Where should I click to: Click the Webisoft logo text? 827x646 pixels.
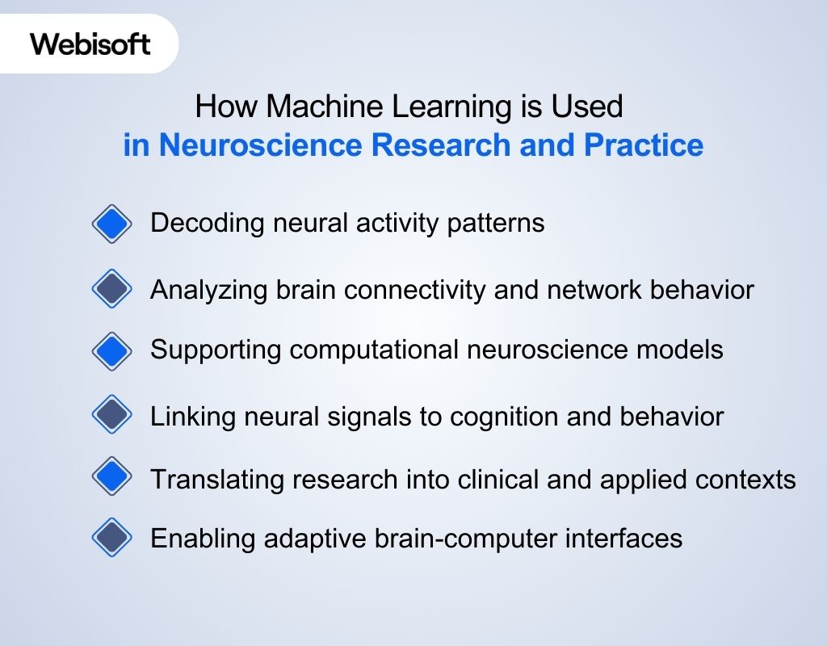coord(90,44)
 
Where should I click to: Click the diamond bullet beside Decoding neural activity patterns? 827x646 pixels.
coord(111,224)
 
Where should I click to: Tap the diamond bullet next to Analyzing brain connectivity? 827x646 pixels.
coord(111,289)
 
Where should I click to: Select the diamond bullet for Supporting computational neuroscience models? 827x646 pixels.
coord(111,350)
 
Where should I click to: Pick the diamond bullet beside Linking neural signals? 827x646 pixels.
coord(111,416)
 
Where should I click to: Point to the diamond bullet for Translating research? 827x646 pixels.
coord(111,479)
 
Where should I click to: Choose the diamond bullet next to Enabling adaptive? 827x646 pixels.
coord(111,538)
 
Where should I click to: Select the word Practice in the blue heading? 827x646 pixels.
coord(643,145)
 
